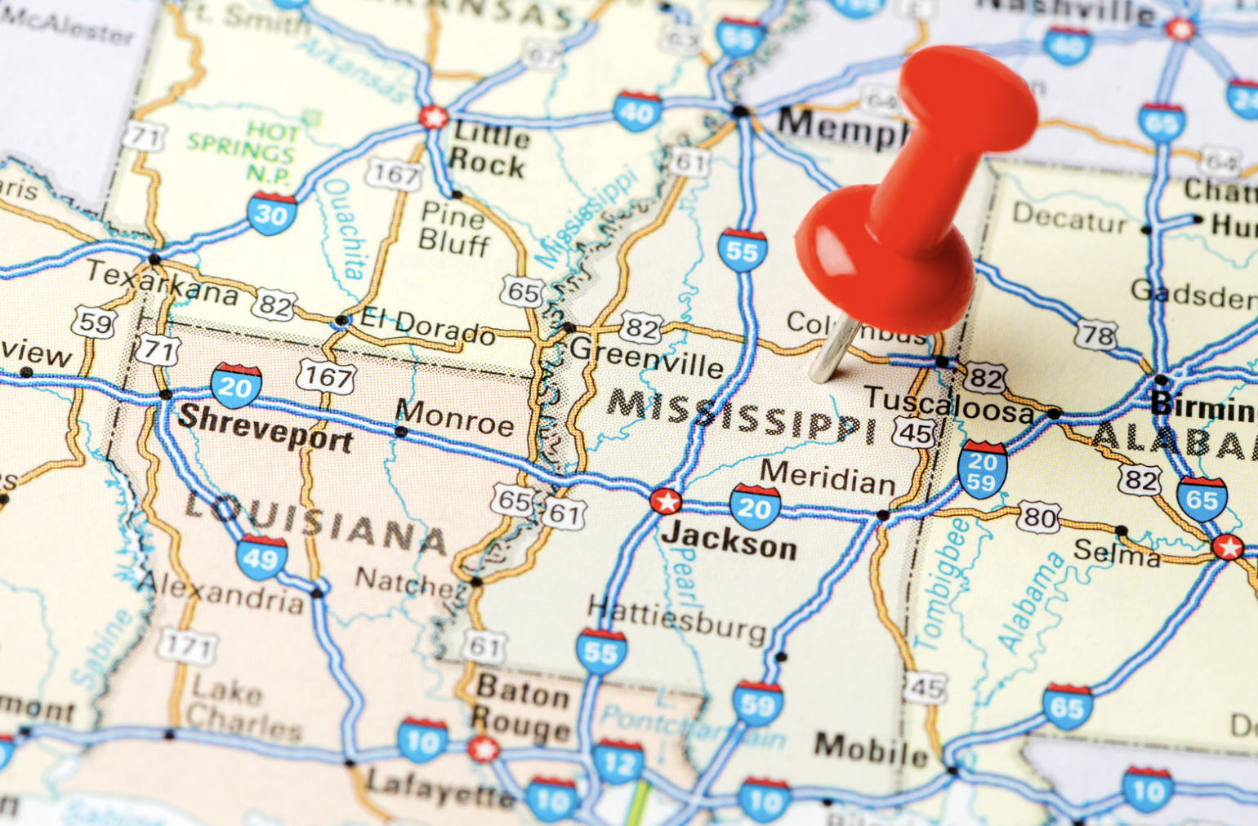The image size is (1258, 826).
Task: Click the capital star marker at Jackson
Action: tap(666, 501)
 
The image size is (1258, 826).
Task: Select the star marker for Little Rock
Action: tap(434, 117)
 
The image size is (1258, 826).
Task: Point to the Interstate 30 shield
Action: tap(272, 213)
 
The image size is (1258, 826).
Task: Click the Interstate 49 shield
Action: tap(261, 558)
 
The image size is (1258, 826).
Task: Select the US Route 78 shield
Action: tap(1096, 335)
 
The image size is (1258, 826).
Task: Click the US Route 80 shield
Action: tap(1039, 517)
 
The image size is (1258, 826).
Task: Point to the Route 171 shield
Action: tap(189, 646)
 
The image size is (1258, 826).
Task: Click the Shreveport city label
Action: tap(265, 427)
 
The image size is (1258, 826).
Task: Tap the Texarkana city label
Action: tap(162, 282)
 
